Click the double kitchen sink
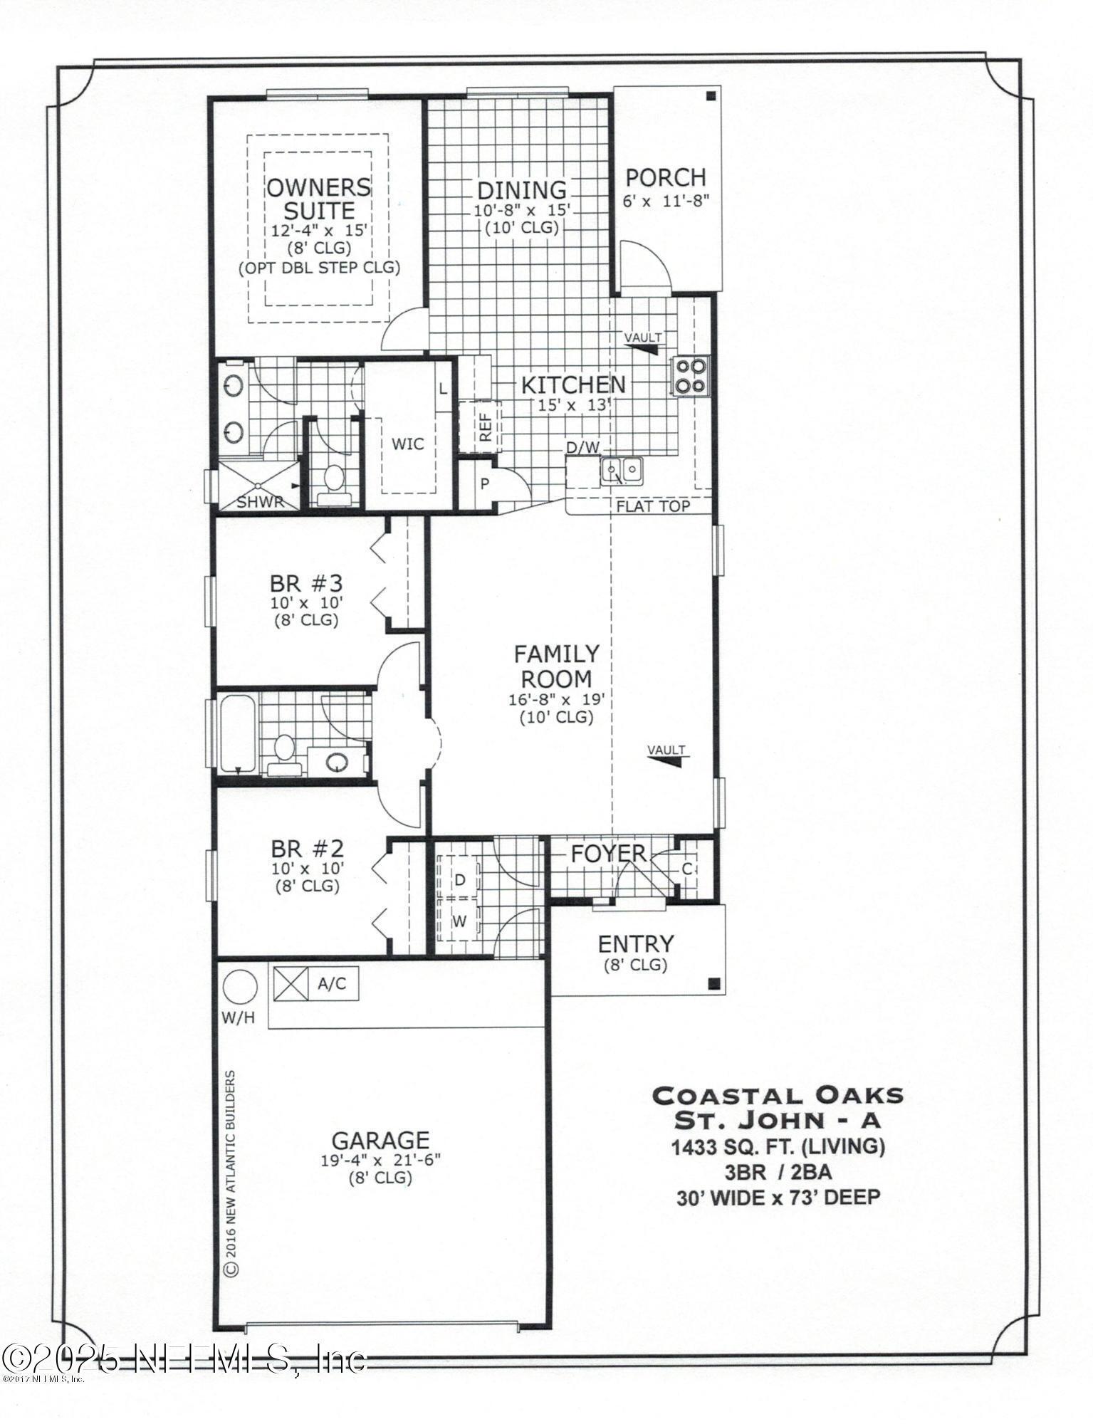pos(622,470)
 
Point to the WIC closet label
pos(408,444)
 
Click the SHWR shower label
pos(260,502)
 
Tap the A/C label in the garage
pos(331,984)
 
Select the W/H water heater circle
pos(240,988)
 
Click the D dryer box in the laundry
pos(460,880)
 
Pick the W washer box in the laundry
pos(460,921)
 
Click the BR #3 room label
pos(306,584)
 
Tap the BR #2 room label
pos(307,849)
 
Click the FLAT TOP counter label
pos(653,506)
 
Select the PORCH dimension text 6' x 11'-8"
pos(667,201)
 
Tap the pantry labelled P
pos(485,484)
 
